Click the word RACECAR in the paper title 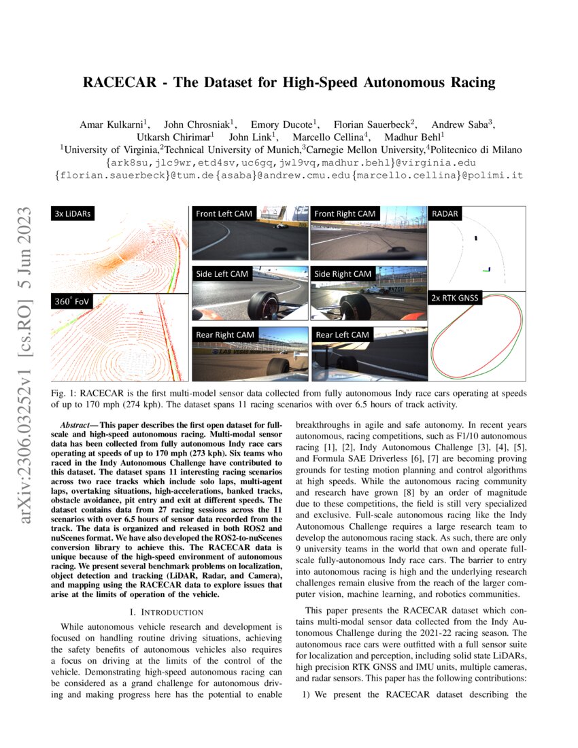point(117,84)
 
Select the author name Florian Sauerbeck point(371,124)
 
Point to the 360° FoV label point(73,301)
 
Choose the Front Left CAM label point(224,214)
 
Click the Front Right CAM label point(345,214)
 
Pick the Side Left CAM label point(222,274)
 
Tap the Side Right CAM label point(343,274)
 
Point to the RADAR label point(445,214)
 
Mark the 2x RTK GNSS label point(455,298)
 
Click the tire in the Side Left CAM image point(260,305)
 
